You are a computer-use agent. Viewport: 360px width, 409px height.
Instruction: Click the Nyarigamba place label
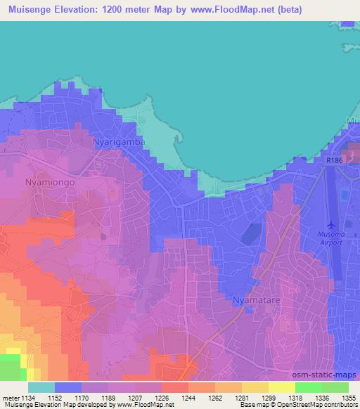coord(119,142)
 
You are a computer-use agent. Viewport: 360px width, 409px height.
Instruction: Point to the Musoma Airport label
coord(326,238)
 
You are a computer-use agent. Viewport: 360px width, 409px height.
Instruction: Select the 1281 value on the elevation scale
coord(240,398)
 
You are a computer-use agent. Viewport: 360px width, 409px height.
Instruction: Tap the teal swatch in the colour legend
coord(41,387)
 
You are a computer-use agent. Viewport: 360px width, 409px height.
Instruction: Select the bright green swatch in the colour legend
coord(308,387)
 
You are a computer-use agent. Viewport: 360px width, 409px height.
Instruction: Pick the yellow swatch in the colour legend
coord(281,387)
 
